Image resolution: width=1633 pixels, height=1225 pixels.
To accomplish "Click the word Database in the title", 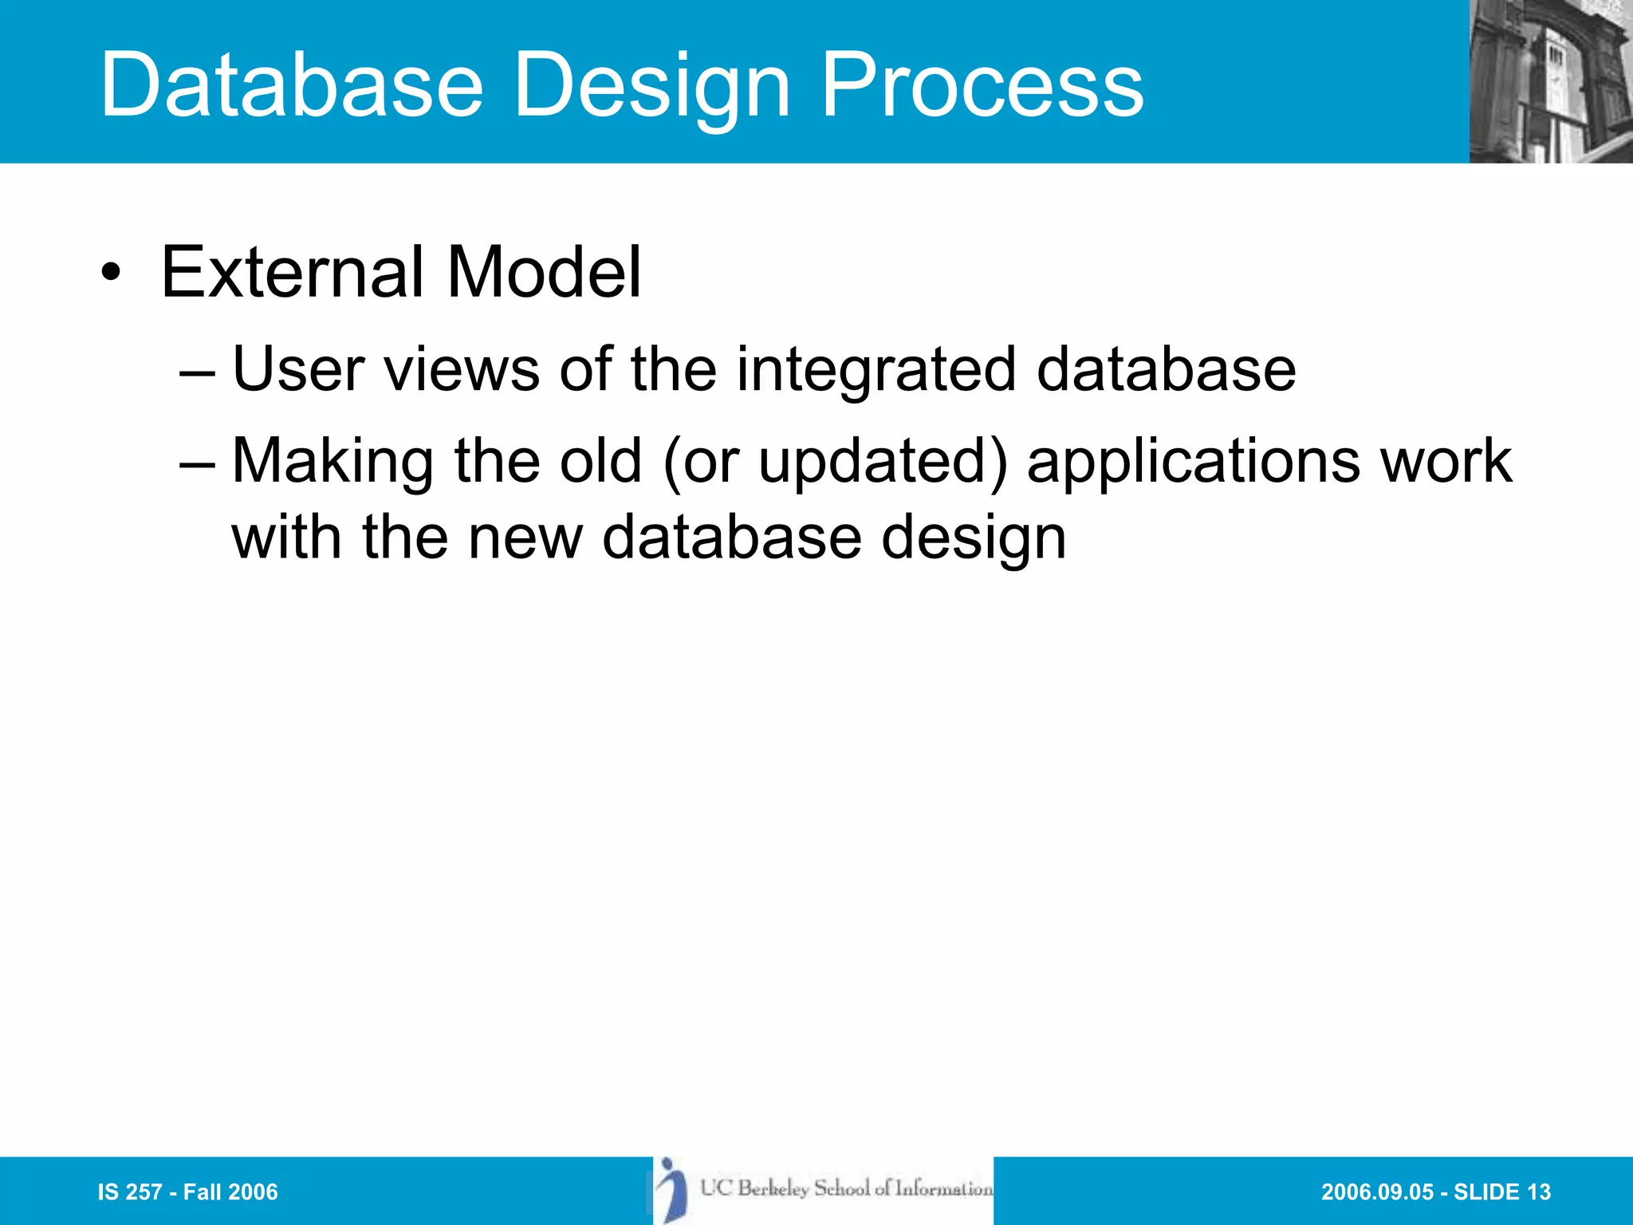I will (x=292, y=85).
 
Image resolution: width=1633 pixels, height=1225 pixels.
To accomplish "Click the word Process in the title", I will (x=982, y=85).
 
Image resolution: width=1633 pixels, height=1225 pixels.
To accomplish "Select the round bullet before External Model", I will (x=111, y=274).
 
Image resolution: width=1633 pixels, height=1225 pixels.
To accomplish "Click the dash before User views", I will (x=197, y=372).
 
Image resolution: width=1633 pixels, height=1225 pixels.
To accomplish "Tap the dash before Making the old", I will (x=197, y=463).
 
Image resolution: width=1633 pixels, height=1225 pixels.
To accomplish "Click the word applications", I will (x=1193, y=463).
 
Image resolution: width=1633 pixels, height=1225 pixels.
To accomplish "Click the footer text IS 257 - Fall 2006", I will (x=187, y=1192).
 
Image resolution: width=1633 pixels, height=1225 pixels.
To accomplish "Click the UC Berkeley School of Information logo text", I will (x=846, y=1188).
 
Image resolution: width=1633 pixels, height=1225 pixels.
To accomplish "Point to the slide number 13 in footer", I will (x=1538, y=1192).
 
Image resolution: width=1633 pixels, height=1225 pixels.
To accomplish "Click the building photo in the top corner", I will (x=1550, y=81).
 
